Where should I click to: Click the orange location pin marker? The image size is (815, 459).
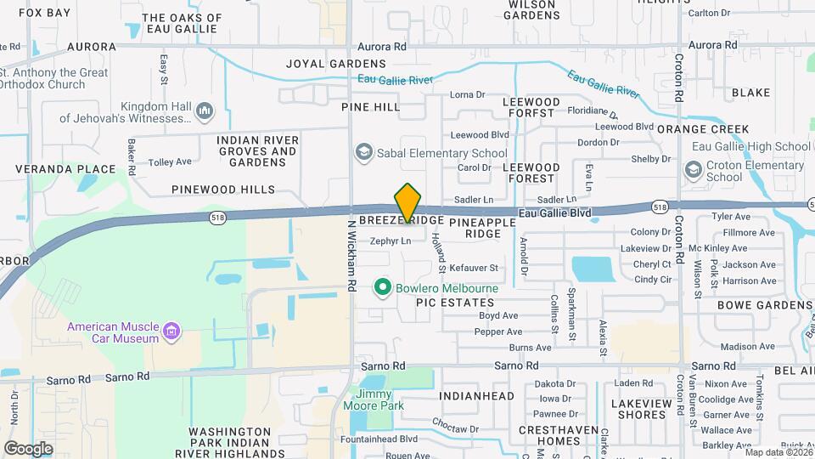coord(408,202)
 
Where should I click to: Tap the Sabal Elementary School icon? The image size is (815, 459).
coord(364,152)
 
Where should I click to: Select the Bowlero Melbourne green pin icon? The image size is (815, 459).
coord(383,288)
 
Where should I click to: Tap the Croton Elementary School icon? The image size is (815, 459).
coord(694,171)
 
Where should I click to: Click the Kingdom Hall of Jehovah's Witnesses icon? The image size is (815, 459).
coord(204,111)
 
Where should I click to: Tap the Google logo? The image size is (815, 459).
coord(27,448)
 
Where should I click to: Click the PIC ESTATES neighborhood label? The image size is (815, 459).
coord(455,303)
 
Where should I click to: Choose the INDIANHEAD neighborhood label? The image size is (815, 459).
coord(477,396)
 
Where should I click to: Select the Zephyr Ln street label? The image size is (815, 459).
coord(391,241)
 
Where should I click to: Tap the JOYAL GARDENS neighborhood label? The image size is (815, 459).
coord(336,64)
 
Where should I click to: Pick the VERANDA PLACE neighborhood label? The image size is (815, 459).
coord(66,169)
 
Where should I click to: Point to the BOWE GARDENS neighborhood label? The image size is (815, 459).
coord(765,305)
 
